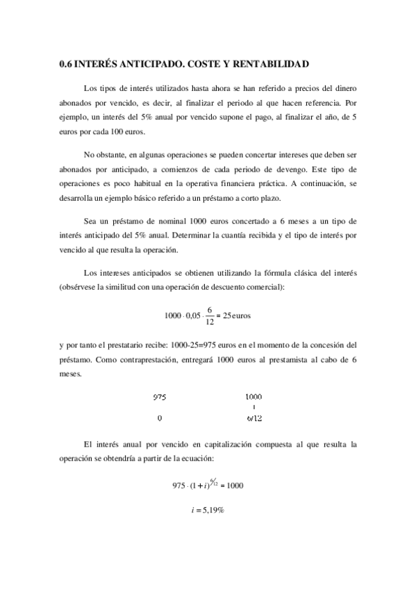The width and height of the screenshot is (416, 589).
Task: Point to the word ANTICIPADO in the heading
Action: (144, 64)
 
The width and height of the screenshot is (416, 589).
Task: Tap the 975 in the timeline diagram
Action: (160, 398)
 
